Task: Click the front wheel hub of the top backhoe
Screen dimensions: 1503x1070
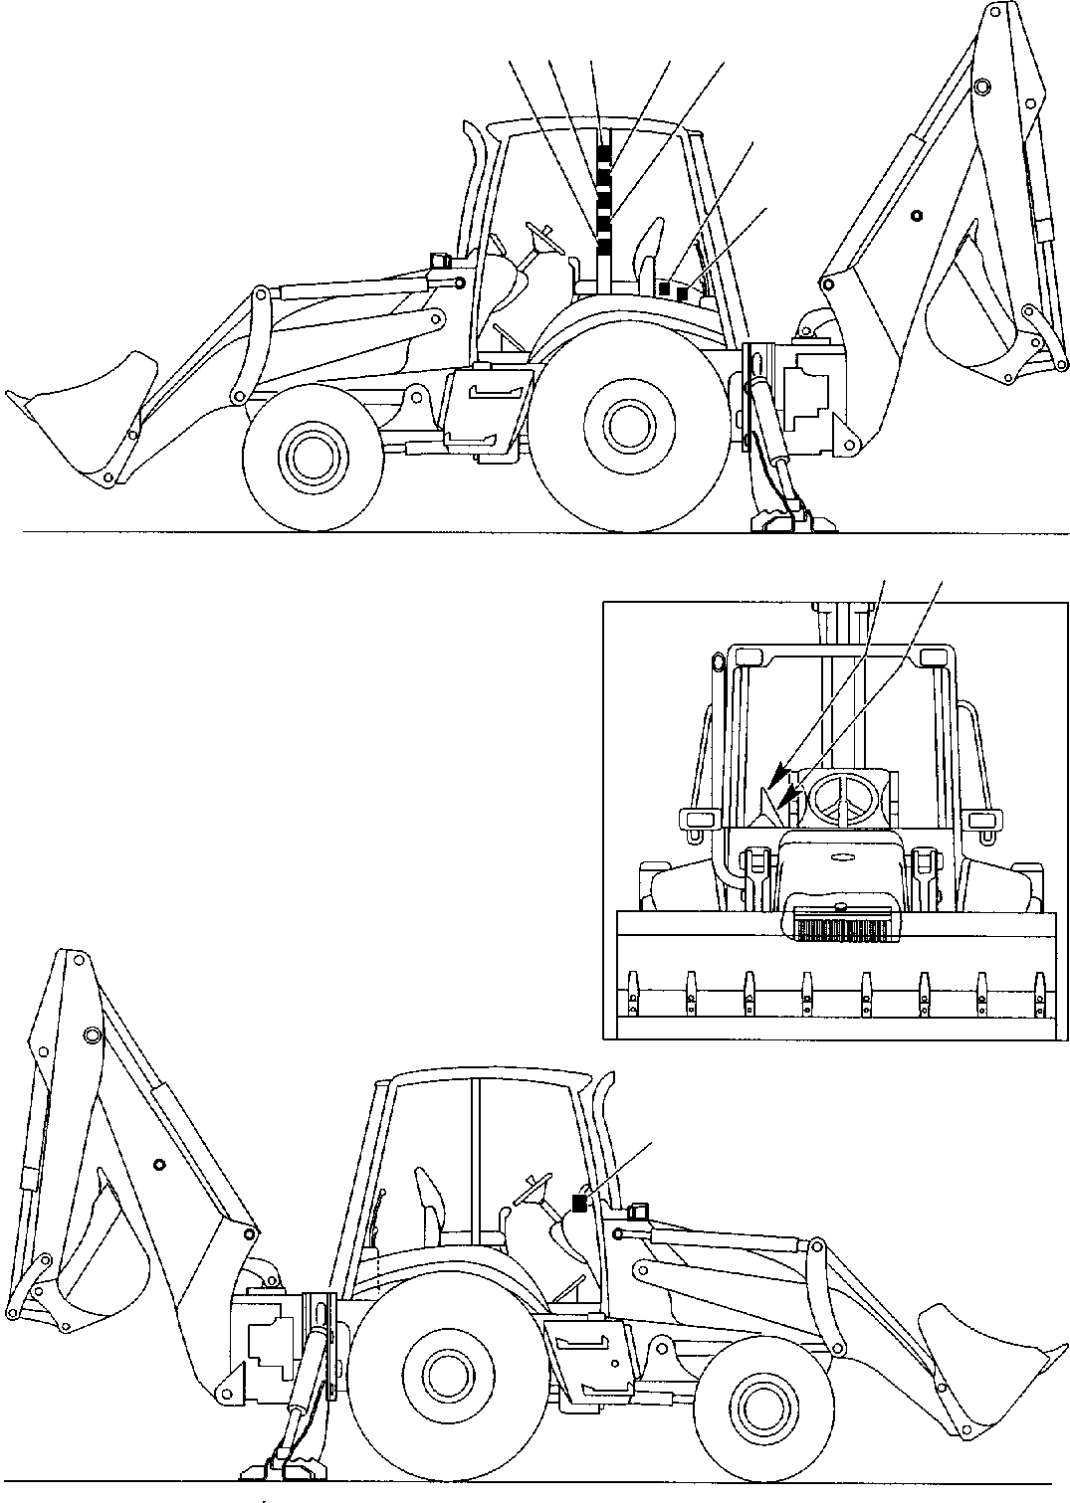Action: (310, 457)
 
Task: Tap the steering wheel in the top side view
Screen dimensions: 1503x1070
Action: (543, 235)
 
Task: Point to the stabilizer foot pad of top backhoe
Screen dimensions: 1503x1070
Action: (781, 518)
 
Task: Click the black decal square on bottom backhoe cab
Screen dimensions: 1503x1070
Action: (579, 1204)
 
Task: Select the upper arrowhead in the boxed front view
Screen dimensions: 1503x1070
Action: (778, 773)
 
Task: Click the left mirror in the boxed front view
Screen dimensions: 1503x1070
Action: (697, 819)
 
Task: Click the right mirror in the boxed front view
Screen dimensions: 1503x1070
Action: (985, 819)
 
